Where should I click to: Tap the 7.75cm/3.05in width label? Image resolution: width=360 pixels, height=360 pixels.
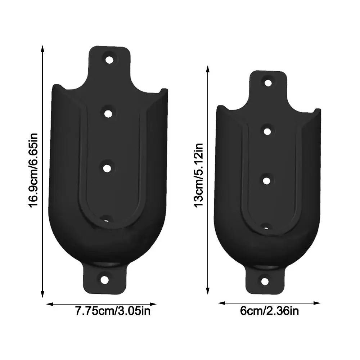coord(113,311)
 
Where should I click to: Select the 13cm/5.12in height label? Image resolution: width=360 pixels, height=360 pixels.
coord(199,175)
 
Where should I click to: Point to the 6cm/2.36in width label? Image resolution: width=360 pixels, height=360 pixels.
coord(269,311)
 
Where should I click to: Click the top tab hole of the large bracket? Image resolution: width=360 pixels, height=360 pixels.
coord(109,59)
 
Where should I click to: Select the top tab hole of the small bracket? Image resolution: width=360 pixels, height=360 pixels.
coord(268,83)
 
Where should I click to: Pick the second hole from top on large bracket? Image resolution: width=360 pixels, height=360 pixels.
coord(108,113)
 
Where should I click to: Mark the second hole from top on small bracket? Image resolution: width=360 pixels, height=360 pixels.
coord(267,131)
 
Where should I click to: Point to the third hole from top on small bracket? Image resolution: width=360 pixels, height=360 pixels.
coord(266,180)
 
